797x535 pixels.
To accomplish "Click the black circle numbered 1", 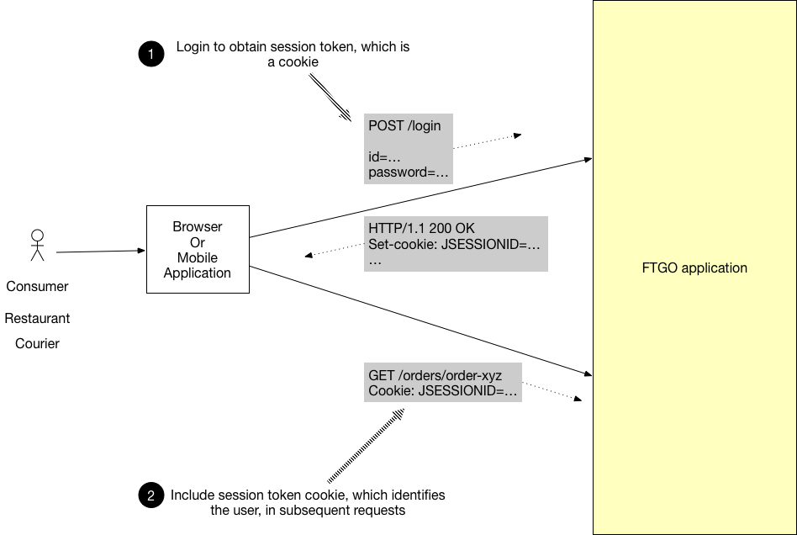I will pyautogui.click(x=150, y=55).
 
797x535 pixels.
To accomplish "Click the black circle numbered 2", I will pyautogui.click(x=150, y=495).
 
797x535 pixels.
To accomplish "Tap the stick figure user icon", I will pyautogui.click(x=37, y=245).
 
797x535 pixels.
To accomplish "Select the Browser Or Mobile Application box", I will pyautogui.click(x=198, y=249).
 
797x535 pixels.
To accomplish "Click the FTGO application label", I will pyautogui.click(x=694, y=268).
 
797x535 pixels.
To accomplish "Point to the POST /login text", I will pyautogui.click(x=404, y=126).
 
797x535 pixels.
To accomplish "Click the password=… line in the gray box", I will pyautogui.click(x=409, y=172).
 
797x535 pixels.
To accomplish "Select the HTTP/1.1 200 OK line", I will pyautogui.click(x=420, y=228).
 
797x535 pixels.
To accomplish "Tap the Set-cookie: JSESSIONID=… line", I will pyautogui.click(x=454, y=245).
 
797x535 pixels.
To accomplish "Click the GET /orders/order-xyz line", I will pyautogui.click(x=435, y=375).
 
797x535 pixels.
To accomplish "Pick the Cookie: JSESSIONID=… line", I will pyautogui.click(x=442, y=391).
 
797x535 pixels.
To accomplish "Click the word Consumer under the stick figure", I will pyautogui.click(x=37, y=286).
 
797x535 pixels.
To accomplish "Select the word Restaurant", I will pyautogui.click(x=37, y=319).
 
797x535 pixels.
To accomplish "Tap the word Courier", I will pyautogui.click(x=37, y=343).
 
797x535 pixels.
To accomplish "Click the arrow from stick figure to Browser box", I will pyautogui.click(x=101, y=251).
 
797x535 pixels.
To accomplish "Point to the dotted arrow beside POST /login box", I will pyautogui.click(x=488, y=142).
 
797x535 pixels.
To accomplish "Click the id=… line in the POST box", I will pyautogui.click(x=383, y=157).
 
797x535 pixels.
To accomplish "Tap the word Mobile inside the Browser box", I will pyautogui.click(x=198, y=257).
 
